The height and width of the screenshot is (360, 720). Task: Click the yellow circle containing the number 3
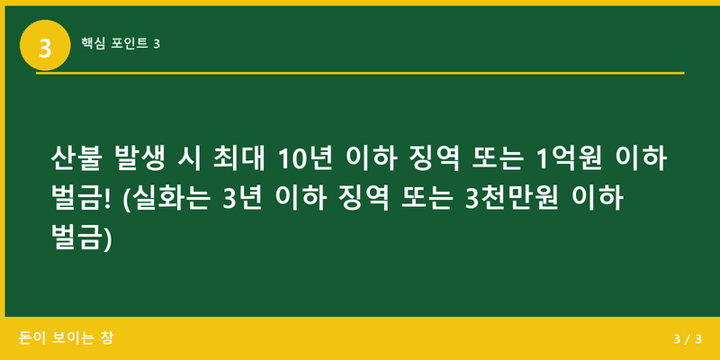coord(44,44)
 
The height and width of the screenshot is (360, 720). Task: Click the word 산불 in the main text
coord(76,160)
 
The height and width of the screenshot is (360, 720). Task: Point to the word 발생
coord(142,160)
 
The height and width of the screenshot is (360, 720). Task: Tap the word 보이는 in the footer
coord(71,338)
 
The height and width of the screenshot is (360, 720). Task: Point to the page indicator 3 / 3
coord(687,339)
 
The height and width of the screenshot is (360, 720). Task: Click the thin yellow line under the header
coord(360,73)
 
